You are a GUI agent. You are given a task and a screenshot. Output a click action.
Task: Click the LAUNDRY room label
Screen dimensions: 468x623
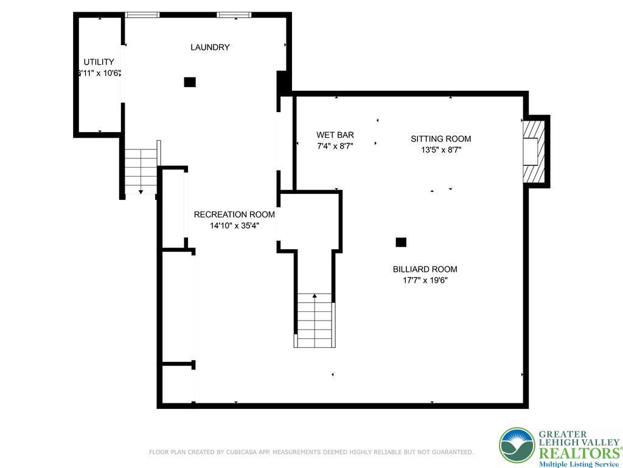[x=210, y=47]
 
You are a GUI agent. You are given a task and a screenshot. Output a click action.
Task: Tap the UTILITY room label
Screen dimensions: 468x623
[x=99, y=62]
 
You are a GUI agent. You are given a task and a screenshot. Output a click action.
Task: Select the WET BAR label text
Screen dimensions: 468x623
[x=335, y=135]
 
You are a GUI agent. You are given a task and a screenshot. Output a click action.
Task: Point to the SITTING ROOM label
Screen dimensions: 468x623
[x=440, y=138]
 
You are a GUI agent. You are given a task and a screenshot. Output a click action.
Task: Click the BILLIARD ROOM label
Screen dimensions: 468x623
[x=425, y=269]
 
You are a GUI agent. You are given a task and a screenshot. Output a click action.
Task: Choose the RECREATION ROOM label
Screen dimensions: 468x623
[x=234, y=214]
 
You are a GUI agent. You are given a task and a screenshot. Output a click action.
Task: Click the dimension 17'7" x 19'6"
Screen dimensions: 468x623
[x=425, y=280]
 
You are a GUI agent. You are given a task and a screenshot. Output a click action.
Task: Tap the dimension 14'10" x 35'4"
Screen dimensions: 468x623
[x=234, y=225]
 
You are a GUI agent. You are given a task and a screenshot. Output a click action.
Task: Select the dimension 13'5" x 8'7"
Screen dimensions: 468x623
[x=440, y=149]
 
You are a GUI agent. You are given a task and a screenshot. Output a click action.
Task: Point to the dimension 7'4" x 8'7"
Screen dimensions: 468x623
[x=335, y=146]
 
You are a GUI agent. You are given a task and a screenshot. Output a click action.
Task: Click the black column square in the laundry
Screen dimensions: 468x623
[x=190, y=82]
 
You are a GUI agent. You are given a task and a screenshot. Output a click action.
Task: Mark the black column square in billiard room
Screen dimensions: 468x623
[x=401, y=242]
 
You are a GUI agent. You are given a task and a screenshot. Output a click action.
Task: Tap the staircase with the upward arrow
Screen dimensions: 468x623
[x=315, y=320]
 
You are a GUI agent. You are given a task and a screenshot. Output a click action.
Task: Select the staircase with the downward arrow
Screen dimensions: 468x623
[x=141, y=172]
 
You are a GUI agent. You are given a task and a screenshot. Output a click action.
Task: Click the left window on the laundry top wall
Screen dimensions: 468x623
[x=142, y=15]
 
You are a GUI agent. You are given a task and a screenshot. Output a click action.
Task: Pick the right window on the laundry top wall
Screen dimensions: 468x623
[x=234, y=15]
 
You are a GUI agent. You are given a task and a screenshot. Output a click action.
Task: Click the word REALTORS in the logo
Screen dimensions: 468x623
[x=577, y=453]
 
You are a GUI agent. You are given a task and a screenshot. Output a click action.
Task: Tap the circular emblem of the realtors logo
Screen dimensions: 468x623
[x=517, y=445]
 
